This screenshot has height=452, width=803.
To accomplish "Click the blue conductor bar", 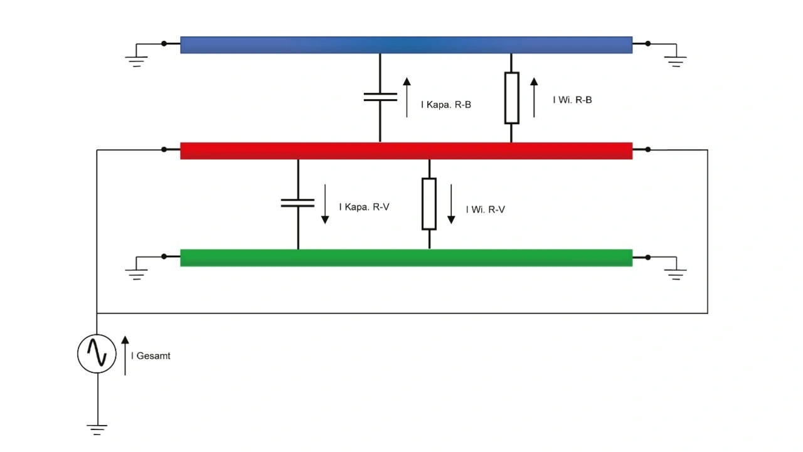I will click(406, 45).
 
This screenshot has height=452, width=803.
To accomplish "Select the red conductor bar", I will click(406, 151).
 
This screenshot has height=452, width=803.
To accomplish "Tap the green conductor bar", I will click(406, 258).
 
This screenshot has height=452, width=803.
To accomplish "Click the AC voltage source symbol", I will click(97, 354).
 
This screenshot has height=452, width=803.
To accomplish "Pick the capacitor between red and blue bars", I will click(380, 97).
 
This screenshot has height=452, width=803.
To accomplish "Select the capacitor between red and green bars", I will click(298, 202).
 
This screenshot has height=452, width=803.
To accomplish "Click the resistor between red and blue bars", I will click(512, 98).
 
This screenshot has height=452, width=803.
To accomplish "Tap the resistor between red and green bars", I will click(429, 204).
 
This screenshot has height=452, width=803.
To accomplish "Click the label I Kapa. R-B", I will click(446, 105).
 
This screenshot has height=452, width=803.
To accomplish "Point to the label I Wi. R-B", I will click(572, 100).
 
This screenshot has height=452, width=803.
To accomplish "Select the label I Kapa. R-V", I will click(364, 207).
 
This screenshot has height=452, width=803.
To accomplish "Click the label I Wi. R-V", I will click(485, 210).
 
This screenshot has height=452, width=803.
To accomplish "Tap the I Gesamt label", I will click(151, 356).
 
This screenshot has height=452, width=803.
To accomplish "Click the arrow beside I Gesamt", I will click(125, 355).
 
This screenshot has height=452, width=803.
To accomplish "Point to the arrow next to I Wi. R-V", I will click(451, 204).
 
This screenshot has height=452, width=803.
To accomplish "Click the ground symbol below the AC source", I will click(97, 429).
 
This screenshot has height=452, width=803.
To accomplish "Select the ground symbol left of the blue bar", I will click(136, 60).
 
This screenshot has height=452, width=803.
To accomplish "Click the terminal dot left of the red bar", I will click(164, 150).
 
